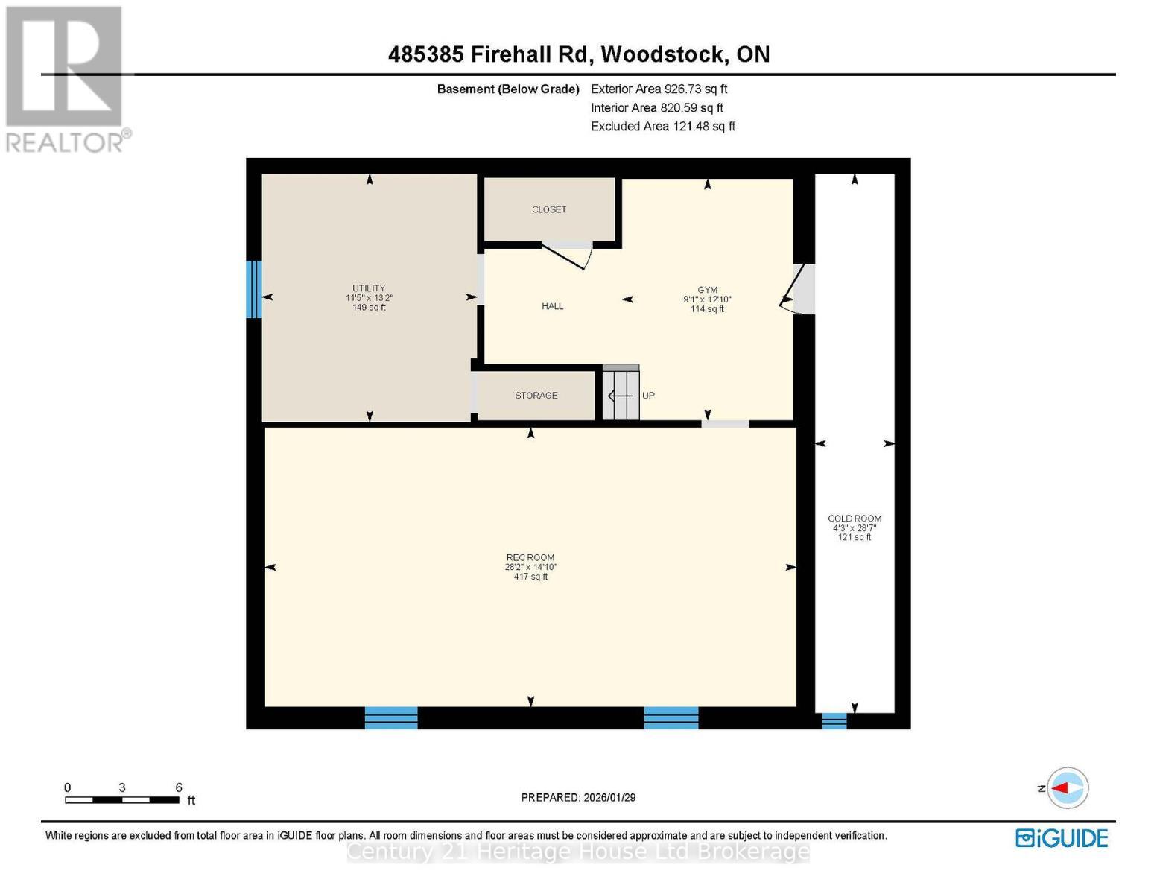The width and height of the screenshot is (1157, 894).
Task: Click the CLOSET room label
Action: tap(549, 209)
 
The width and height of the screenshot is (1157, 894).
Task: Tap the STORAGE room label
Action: tap(536, 396)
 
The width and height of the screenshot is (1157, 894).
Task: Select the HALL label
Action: tap(552, 306)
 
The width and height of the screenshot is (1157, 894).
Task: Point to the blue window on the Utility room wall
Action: tap(254, 289)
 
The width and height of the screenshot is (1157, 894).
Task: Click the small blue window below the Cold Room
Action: tap(834, 720)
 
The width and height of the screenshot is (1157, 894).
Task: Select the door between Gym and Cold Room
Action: tap(801, 288)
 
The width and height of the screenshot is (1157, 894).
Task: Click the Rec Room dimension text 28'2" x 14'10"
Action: tap(530, 567)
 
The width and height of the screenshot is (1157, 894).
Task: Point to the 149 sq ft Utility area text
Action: tap(369, 308)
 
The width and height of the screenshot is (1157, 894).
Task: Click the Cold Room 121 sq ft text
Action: tap(855, 537)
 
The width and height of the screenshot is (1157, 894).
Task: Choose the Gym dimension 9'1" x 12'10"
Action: tap(707, 299)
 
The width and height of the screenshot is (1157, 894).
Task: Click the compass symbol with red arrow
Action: tap(1068, 787)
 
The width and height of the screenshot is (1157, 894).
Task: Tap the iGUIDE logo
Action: tap(1062, 838)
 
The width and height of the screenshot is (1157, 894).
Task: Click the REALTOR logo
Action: tap(66, 78)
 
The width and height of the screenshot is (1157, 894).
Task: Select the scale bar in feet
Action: tap(122, 800)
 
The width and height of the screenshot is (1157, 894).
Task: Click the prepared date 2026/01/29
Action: tap(578, 797)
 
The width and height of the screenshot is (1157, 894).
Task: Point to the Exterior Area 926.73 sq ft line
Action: tap(659, 89)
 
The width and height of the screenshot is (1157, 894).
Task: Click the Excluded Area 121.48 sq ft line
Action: tap(663, 127)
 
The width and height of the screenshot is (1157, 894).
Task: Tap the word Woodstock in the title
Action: tap(664, 54)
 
